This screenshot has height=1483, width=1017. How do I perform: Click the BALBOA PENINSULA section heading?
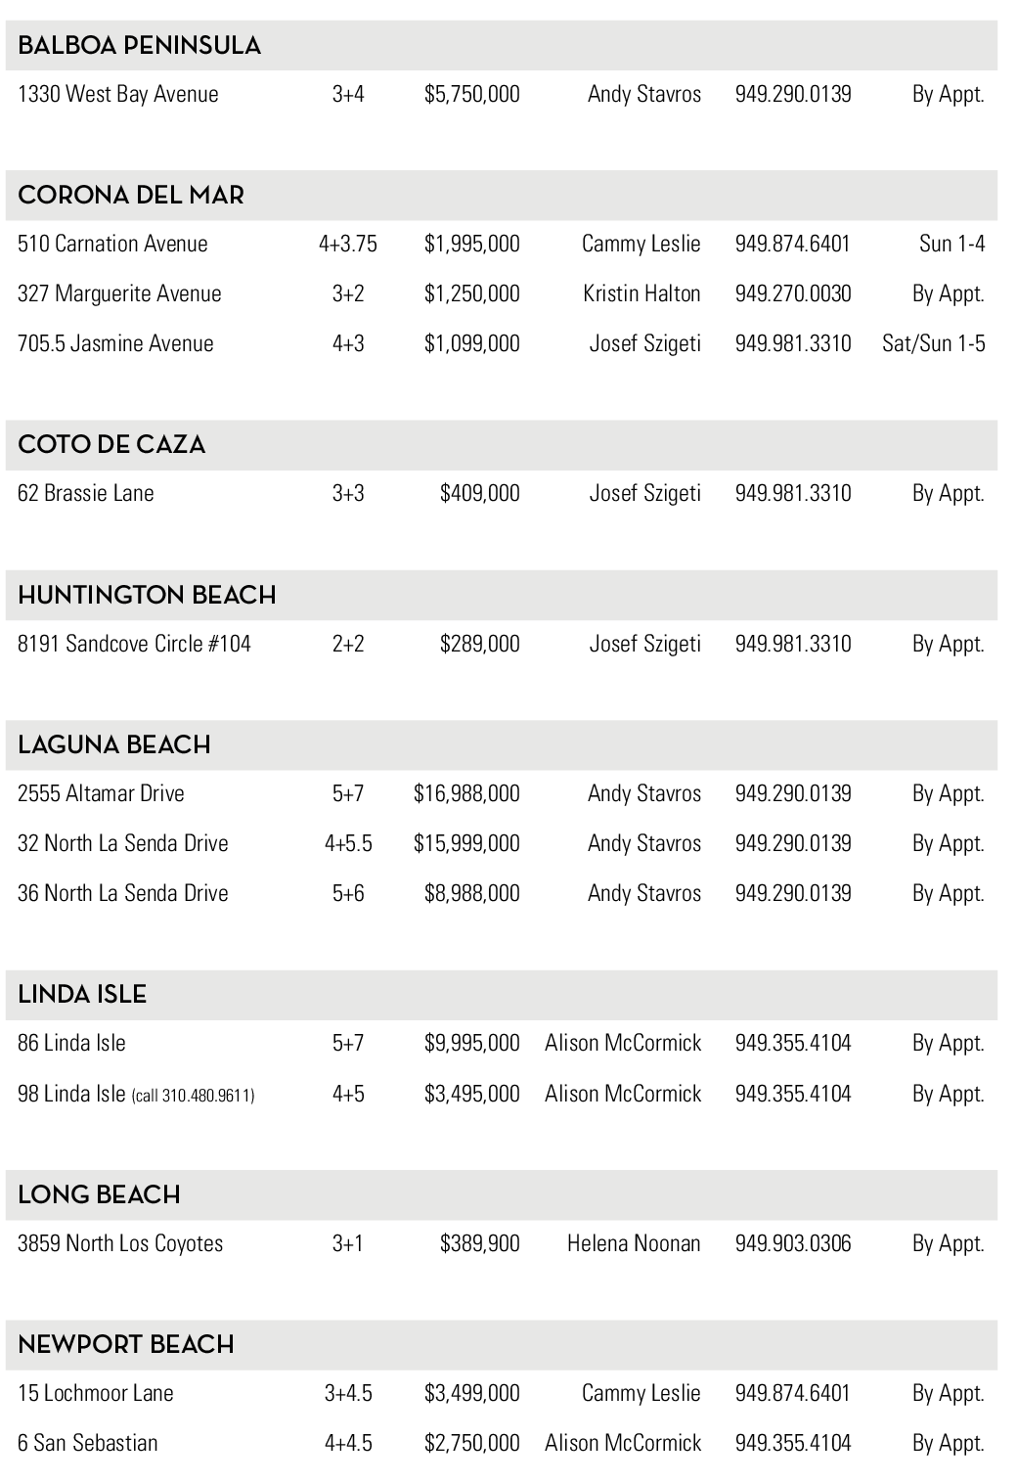pos(139,46)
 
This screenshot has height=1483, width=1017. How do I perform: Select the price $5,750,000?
pos(471,95)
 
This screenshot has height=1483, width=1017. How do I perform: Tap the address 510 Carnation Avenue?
pos(112,245)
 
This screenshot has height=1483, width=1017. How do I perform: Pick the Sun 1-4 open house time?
pos(951,245)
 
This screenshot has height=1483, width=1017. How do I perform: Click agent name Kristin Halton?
pos(641,294)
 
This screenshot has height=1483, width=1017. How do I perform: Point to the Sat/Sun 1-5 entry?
pos(933,344)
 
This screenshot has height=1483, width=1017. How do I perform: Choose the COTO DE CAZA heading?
pos(111,445)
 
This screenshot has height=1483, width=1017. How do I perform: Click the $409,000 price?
pos(479,494)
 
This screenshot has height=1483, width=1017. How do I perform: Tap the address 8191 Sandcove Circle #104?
pos(134,645)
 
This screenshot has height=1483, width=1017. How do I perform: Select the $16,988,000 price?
pos(466,794)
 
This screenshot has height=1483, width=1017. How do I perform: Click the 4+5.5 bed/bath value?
pos(348,844)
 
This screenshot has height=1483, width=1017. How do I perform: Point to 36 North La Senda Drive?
pos(123,894)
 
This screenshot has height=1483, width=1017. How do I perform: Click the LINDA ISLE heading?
pos(82,995)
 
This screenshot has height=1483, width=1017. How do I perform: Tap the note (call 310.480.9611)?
pos(193,1096)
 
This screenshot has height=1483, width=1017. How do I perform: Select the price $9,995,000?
pos(471,1044)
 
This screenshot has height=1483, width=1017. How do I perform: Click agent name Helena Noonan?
pos(634,1244)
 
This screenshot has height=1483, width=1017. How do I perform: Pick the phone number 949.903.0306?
pos(793,1244)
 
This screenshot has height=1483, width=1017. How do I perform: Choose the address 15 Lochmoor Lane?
pos(96,1394)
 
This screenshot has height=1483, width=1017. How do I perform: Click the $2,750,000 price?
pos(471,1444)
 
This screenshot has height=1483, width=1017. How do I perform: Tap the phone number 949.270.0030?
pos(793,294)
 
